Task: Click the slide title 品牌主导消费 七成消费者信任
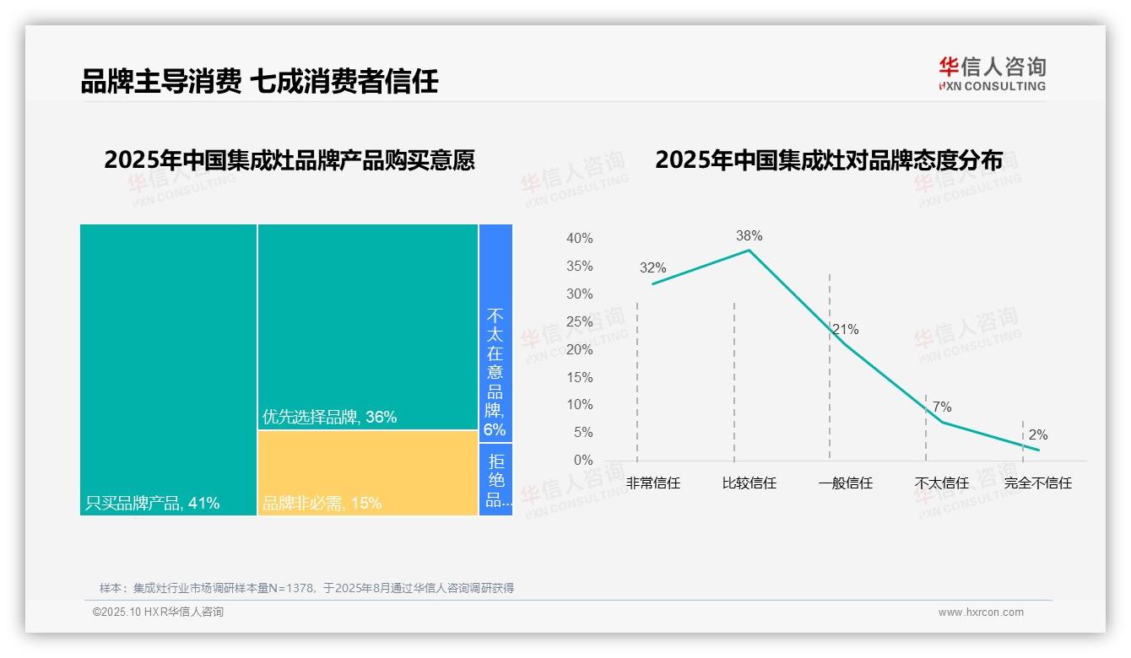[259, 81]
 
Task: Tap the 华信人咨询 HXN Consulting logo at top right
[992, 74]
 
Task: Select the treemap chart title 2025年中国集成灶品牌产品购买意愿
[290, 159]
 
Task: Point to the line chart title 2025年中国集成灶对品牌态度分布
[829, 159]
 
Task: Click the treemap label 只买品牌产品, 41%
[153, 504]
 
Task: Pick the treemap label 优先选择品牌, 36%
[329, 417]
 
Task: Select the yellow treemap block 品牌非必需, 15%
[368, 473]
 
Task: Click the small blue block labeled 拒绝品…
[495, 479]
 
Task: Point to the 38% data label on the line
[749, 235]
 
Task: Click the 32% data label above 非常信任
[652, 268]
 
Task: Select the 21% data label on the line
[845, 329]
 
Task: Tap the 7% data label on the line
[942, 407]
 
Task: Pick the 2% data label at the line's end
[1038, 435]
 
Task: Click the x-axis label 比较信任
[749, 483]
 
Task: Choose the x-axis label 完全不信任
[1038, 483]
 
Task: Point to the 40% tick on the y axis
[579, 239]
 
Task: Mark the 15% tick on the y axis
[579, 377]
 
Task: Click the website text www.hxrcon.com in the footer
[981, 612]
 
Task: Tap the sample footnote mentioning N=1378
[306, 588]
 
